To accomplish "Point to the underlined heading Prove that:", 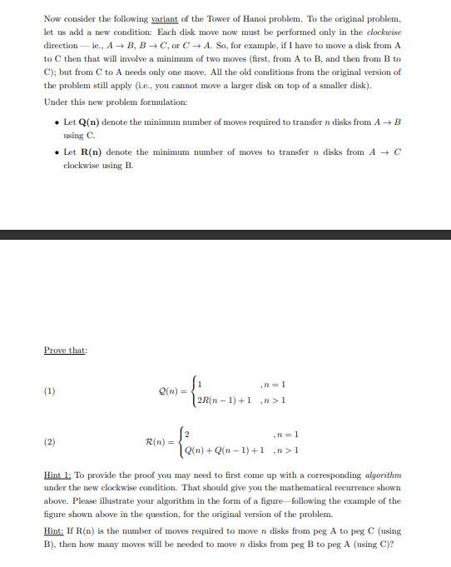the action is pyautogui.click(x=66, y=351).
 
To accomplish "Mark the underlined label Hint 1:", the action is pyautogui.click(x=57, y=475).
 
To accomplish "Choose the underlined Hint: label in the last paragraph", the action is pyautogui.click(x=54, y=531).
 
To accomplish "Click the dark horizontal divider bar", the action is pyautogui.click(x=226, y=235).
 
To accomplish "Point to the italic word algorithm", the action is pyautogui.click(x=383, y=475).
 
